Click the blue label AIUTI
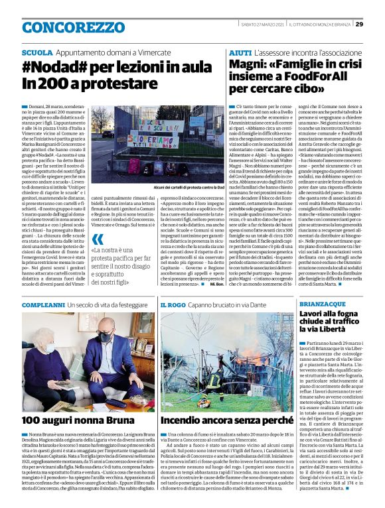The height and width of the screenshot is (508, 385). pos(240,52)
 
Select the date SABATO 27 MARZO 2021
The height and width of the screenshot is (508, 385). pos(264,25)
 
